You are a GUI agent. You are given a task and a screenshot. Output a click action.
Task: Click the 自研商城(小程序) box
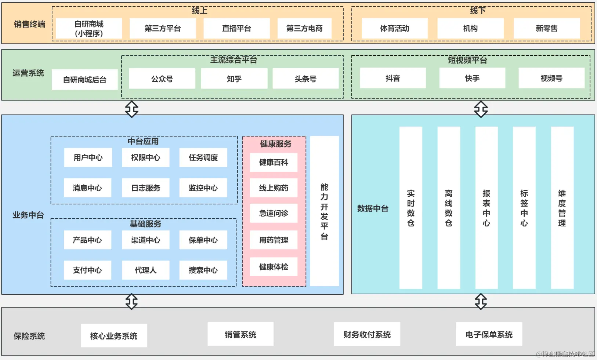point(89,29)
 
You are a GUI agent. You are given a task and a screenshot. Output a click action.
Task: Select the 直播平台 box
point(236,29)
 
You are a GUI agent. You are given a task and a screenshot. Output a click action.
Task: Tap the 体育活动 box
point(395,29)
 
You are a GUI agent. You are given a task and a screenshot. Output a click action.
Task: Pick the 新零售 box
point(547,29)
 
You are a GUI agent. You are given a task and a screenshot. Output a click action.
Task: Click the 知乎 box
point(234,79)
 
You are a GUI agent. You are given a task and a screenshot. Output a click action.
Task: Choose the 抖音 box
point(393,78)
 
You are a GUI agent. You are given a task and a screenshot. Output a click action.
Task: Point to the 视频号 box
point(551,78)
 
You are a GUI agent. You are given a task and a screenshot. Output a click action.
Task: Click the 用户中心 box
point(88,157)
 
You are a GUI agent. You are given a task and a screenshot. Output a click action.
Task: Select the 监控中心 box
point(203,188)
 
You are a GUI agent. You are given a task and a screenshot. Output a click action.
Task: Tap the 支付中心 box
point(87,270)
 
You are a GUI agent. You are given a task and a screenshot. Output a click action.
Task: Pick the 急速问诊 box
point(274,213)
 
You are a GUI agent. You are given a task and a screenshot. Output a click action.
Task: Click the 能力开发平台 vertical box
point(325,211)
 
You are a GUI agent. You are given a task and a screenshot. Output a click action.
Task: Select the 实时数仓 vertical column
point(411,208)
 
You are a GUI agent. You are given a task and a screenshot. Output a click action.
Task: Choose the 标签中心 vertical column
point(524,208)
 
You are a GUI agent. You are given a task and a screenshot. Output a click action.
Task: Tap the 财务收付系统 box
point(367,334)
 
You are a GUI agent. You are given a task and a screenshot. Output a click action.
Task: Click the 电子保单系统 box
point(489,334)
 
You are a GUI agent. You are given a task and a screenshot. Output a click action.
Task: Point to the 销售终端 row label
point(29,24)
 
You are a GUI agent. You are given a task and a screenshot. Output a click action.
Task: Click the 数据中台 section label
point(373,208)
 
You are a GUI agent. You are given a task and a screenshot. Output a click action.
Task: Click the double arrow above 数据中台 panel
point(481,109)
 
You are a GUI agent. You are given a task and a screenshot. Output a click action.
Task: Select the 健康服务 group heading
point(276,144)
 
